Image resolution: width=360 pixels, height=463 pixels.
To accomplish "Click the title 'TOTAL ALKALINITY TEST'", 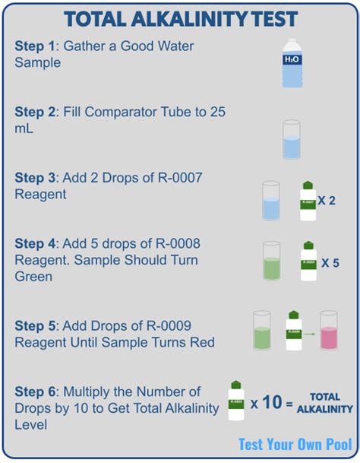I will [180, 18].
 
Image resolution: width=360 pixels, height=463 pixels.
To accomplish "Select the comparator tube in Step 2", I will [292, 139].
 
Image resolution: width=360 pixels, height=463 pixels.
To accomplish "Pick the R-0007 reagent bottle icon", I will [308, 201].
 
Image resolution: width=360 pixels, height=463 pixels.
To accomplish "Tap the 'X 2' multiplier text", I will [327, 201].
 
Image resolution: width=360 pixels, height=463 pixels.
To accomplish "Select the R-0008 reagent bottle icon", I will [309, 262].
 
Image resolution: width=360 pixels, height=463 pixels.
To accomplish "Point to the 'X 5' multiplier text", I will [330, 262].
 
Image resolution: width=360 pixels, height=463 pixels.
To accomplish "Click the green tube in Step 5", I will [261, 331].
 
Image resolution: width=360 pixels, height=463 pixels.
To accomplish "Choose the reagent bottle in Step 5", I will [295, 330].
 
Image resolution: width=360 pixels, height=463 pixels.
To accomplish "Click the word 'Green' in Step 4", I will [33, 276].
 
